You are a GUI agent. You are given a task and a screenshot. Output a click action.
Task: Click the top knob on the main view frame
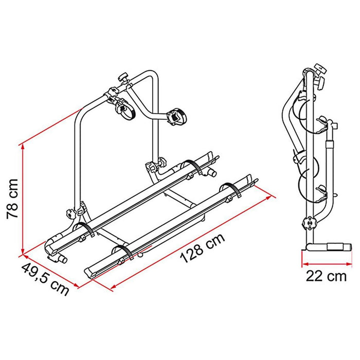[x=123, y=78]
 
